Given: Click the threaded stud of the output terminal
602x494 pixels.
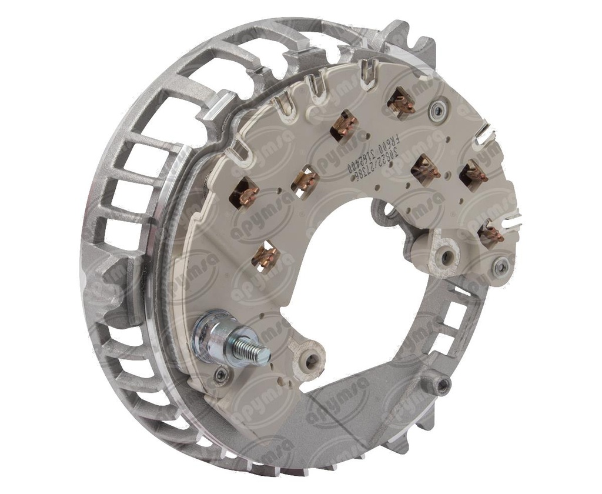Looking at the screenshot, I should pyautogui.click(x=254, y=352).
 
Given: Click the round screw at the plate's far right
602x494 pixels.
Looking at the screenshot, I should pyautogui.click(x=501, y=267).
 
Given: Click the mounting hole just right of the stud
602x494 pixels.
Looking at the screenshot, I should pyautogui.click(x=308, y=357).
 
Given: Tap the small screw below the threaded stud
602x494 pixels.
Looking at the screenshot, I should pyautogui.click(x=221, y=375).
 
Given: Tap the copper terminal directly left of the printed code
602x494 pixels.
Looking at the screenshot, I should pyautogui.click(x=343, y=126).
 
